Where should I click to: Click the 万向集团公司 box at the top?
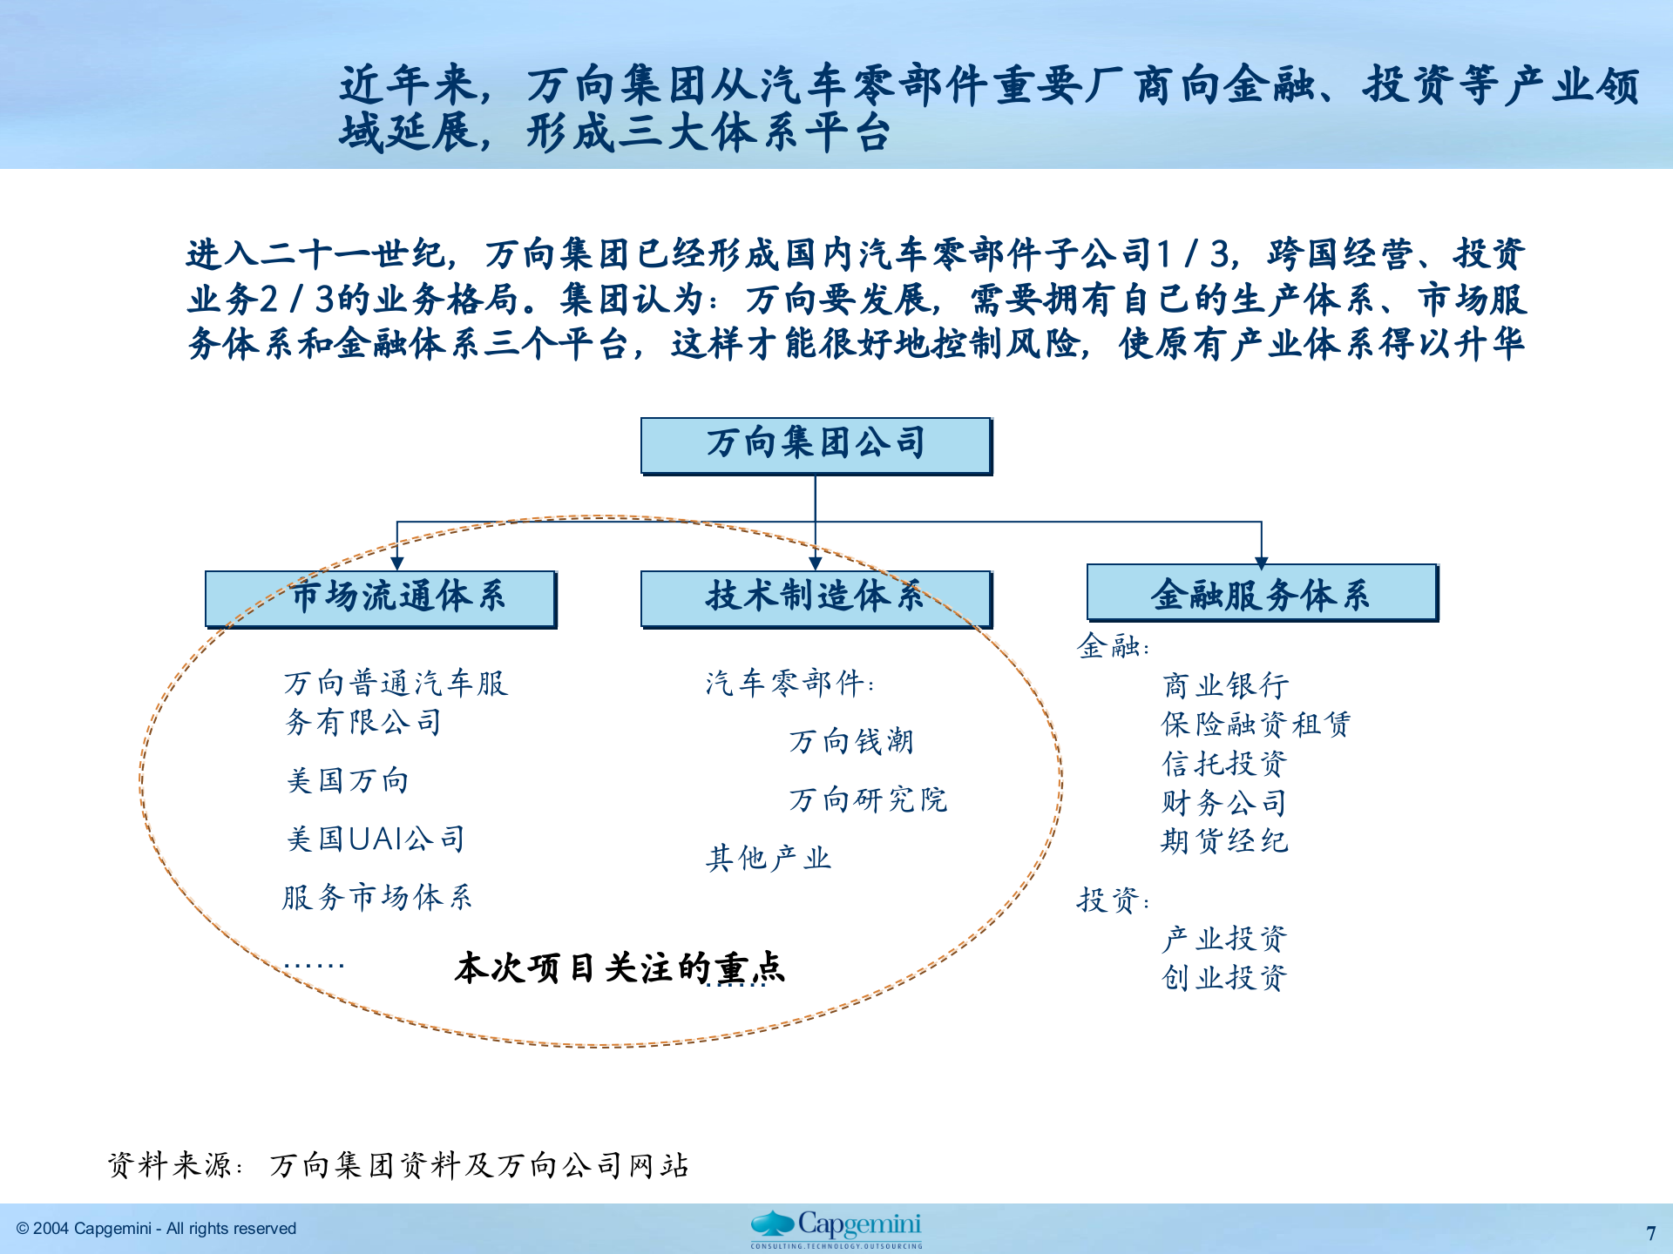[x=816, y=445]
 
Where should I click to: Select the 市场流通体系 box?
[x=381, y=598]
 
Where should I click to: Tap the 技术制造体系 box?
[x=816, y=598]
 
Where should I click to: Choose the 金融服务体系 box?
[x=1261, y=593]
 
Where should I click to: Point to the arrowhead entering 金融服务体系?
[x=1261, y=563]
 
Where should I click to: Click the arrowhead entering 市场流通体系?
[x=397, y=563]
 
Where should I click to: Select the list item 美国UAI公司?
[x=376, y=839]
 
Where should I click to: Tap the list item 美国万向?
[x=348, y=780]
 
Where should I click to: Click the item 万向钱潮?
[x=851, y=741]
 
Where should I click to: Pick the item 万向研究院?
[x=868, y=799]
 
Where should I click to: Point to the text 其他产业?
[x=768, y=859]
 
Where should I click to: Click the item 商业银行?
[x=1225, y=686]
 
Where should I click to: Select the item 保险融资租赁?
[x=1256, y=725]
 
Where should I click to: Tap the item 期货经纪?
[x=1224, y=841]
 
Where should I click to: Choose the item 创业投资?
[x=1224, y=978]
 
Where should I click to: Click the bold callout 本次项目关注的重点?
[x=620, y=968]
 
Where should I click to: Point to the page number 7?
[x=1650, y=1233]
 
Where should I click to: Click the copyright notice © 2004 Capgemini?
[x=157, y=1229]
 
